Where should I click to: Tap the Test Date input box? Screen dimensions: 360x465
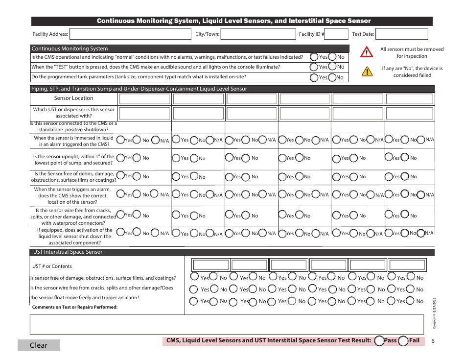[401, 34]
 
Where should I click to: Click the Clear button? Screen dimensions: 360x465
[39, 345]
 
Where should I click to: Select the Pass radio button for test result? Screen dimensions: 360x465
[379, 341]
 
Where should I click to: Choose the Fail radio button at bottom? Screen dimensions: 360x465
[403, 341]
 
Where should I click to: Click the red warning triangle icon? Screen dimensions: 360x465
[367, 51]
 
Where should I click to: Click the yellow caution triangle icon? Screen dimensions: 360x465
[367, 72]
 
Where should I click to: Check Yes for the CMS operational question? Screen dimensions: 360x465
[314, 57]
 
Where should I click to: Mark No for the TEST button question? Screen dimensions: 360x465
[332, 67]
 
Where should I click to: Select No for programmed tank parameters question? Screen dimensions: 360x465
[332, 77]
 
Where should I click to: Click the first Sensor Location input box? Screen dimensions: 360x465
[144, 98]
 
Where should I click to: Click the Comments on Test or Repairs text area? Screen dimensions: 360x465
[227, 324]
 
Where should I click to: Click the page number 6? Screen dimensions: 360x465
[433, 341]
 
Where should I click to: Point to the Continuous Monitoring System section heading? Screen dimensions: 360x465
[70, 48]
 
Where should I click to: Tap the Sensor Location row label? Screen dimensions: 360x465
[73, 98]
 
